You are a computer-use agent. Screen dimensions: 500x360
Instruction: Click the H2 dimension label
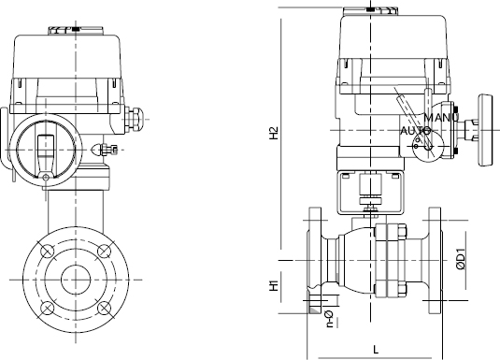[x=274, y=133]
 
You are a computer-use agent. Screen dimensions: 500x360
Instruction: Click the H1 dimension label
[x=274, y=285]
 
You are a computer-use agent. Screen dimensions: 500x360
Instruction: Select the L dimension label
[x=376, y=350]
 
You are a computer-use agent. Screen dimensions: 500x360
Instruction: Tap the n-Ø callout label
[x=329, y=319]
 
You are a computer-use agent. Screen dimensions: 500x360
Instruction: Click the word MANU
[x=441, y=118]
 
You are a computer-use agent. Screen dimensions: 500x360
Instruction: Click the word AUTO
[x=415, y=131]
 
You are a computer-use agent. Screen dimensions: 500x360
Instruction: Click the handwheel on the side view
[x=485, y=130]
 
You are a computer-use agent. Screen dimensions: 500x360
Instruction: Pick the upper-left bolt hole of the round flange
[x=48, y=251]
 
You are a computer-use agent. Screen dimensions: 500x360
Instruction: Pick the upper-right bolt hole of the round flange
[x=104, y=251]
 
